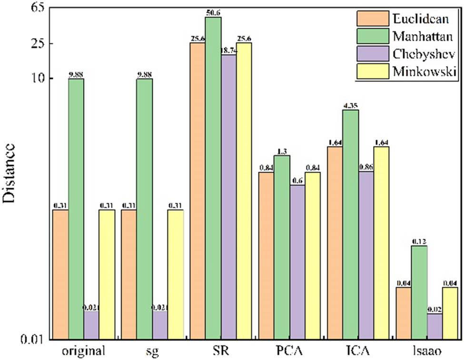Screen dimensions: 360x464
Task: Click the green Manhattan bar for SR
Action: pyautogui.click(x=213, y=178)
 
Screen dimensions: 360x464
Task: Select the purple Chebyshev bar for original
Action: pyautogui.click(x=91, y=325)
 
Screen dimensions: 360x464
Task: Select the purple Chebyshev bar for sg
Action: pyautogui.click(x=160, y=325)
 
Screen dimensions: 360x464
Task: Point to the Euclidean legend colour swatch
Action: pyautogui.click(x=372, y=19)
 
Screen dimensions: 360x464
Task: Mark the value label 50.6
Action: pyautogui.click(x=213, y=12)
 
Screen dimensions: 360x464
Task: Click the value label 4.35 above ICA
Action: pyautogui.click(x=351, y=106)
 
